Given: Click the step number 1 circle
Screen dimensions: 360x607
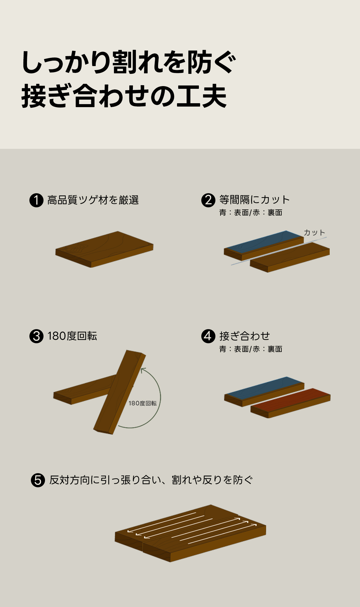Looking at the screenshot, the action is (x=36, y=200).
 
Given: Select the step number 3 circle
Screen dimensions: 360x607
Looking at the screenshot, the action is (x=36, y=336).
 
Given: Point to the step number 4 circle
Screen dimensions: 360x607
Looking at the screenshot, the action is (x=208, y=336).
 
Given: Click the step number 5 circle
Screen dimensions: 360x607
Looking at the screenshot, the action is (x=38, y=480).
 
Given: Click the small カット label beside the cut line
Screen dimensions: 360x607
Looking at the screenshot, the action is (x=314, y=233).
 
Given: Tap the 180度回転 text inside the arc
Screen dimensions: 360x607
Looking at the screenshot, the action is (x=142, y=403).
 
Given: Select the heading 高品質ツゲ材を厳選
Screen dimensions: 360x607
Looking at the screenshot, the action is (x=93, y=200).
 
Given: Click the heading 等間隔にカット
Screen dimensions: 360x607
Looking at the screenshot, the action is (x=254, y=200).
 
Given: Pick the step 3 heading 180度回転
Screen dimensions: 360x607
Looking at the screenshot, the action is (x=72, y=336).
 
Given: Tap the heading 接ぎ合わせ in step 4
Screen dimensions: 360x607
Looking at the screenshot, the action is (x=244, y=336).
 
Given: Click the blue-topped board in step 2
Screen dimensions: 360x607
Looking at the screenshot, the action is (x=264, y=245).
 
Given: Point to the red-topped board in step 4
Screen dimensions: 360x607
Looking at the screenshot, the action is (x=290, y=403).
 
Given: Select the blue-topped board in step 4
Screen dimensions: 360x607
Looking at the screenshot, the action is (x=264, y=392).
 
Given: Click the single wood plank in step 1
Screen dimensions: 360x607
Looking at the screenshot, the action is (x=104, y=249).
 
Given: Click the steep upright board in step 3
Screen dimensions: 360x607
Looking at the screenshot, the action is (x=120, y=392).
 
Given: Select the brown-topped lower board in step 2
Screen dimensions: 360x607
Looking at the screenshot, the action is (x=290, y=257).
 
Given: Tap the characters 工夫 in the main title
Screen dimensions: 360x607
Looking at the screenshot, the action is (x=202, y=97).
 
